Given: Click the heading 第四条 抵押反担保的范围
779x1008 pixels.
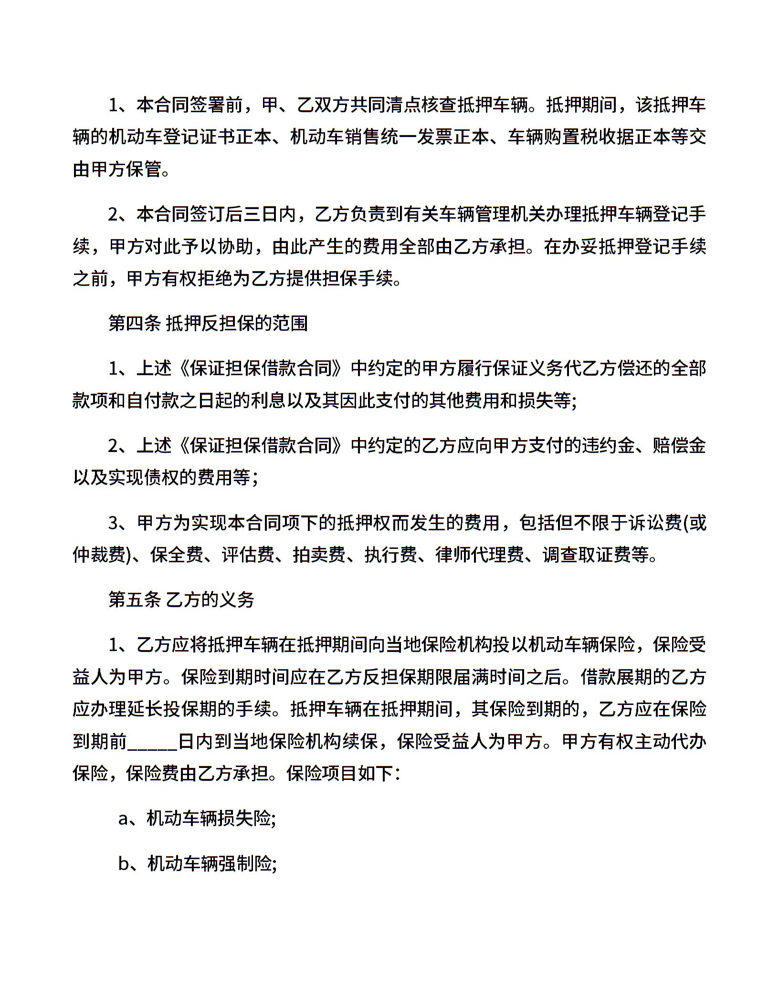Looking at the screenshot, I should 208,324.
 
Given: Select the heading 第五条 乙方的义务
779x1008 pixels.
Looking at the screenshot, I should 181,600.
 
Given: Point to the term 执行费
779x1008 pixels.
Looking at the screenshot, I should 390,555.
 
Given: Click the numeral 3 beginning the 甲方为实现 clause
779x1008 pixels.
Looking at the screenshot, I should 114,524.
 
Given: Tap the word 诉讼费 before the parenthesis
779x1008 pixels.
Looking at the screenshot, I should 654,524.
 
